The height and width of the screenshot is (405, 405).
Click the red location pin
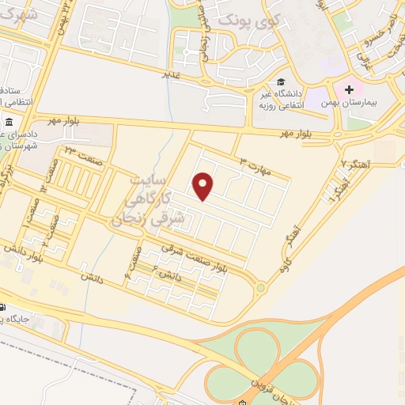pos(204,186)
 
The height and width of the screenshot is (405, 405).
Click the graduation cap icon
pos(282,82)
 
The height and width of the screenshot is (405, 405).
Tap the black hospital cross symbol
pos(349,90)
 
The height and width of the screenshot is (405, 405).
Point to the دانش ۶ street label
pos(168,276)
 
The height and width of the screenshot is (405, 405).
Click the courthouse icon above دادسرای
pos(9,123)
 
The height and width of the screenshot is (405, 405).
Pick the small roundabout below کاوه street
pos(260,287)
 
